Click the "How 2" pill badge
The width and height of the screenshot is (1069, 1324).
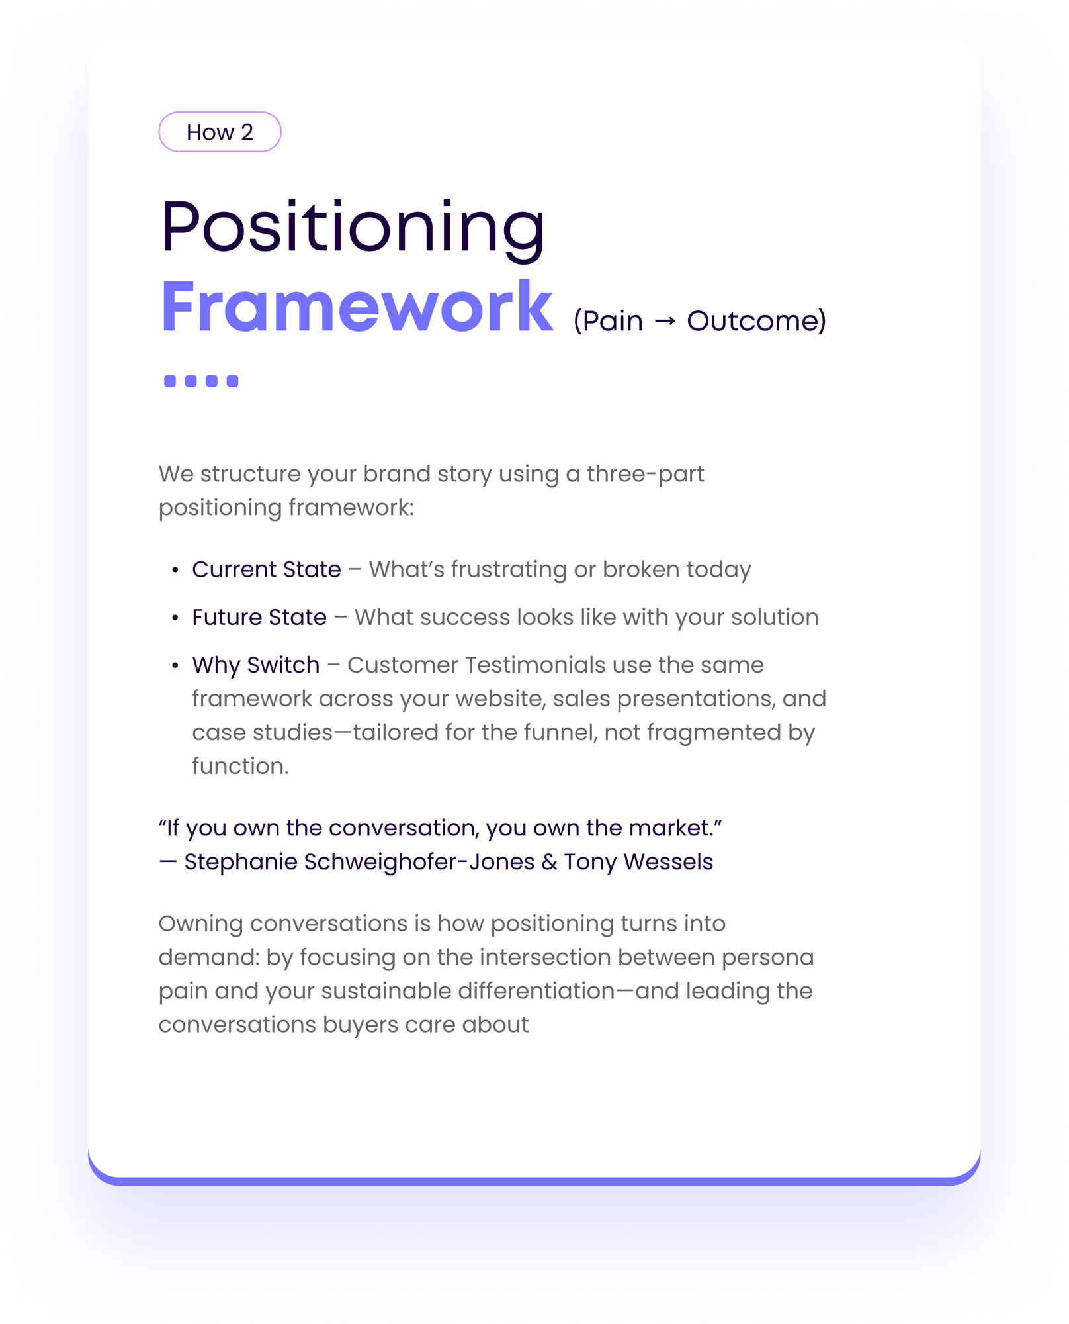point(220,132)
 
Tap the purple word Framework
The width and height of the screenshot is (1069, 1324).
point(357,307)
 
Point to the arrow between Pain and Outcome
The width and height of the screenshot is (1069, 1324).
point(665,322)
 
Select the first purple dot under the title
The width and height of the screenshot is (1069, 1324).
point(170,381)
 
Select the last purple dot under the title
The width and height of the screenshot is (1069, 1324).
point(232,381)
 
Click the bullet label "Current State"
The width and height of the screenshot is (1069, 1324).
point(267,569)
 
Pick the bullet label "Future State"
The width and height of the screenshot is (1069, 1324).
point(259,617)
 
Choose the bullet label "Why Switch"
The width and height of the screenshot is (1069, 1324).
point(256,665)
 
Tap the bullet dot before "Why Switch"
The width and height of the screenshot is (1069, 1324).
point(175,665)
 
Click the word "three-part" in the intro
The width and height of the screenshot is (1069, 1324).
point(646,474)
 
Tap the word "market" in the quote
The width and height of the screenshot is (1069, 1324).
point(669,828)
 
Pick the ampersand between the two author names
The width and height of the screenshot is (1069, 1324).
point(549,862)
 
